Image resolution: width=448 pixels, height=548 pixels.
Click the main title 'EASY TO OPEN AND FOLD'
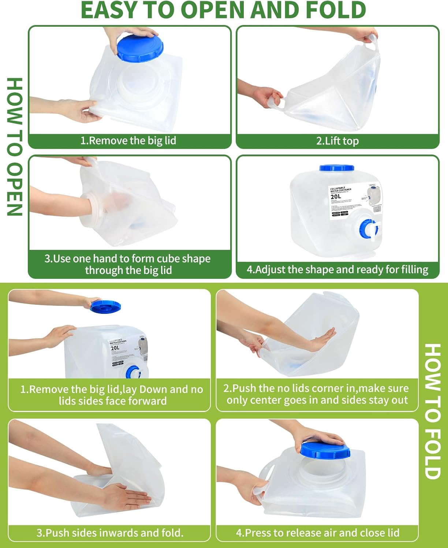[223, 10]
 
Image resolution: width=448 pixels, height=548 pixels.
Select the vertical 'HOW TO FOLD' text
[433, 411]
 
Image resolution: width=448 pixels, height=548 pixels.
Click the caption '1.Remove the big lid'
[128, 141]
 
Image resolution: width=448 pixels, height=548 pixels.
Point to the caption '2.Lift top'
[337, 141]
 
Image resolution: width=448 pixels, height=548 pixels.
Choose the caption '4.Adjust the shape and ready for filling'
[337, 270]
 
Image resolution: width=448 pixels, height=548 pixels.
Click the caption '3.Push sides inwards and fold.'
[110, 533]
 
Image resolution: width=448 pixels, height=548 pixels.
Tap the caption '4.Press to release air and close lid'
[317, 533]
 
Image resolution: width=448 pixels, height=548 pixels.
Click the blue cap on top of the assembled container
[336, 168]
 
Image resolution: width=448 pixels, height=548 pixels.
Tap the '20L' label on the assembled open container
[336, 197]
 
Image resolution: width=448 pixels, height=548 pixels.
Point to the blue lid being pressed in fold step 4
[325, 450]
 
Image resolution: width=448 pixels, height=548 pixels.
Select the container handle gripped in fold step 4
[264, 475]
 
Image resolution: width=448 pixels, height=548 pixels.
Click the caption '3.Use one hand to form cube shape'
[127, 259]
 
